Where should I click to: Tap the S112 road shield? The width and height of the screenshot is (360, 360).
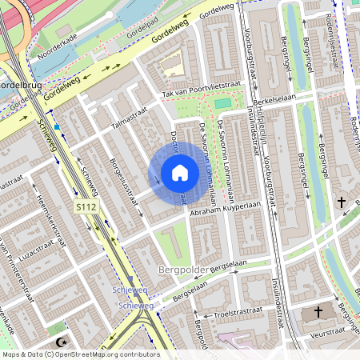(x=86, y=207)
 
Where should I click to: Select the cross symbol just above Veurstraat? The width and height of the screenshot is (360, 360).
(x=318, y=311)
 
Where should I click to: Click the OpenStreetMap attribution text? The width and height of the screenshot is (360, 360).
(x=81, y=354)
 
